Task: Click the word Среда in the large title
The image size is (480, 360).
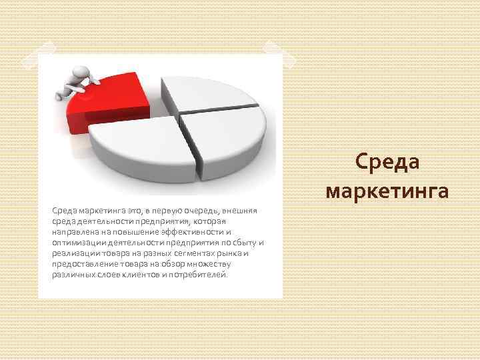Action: (387, 163)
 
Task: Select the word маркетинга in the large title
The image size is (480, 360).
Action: (387, 191)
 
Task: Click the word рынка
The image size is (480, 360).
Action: (232, 253)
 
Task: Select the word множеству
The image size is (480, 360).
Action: (217, 264)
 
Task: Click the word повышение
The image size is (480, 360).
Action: (130, 232)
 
